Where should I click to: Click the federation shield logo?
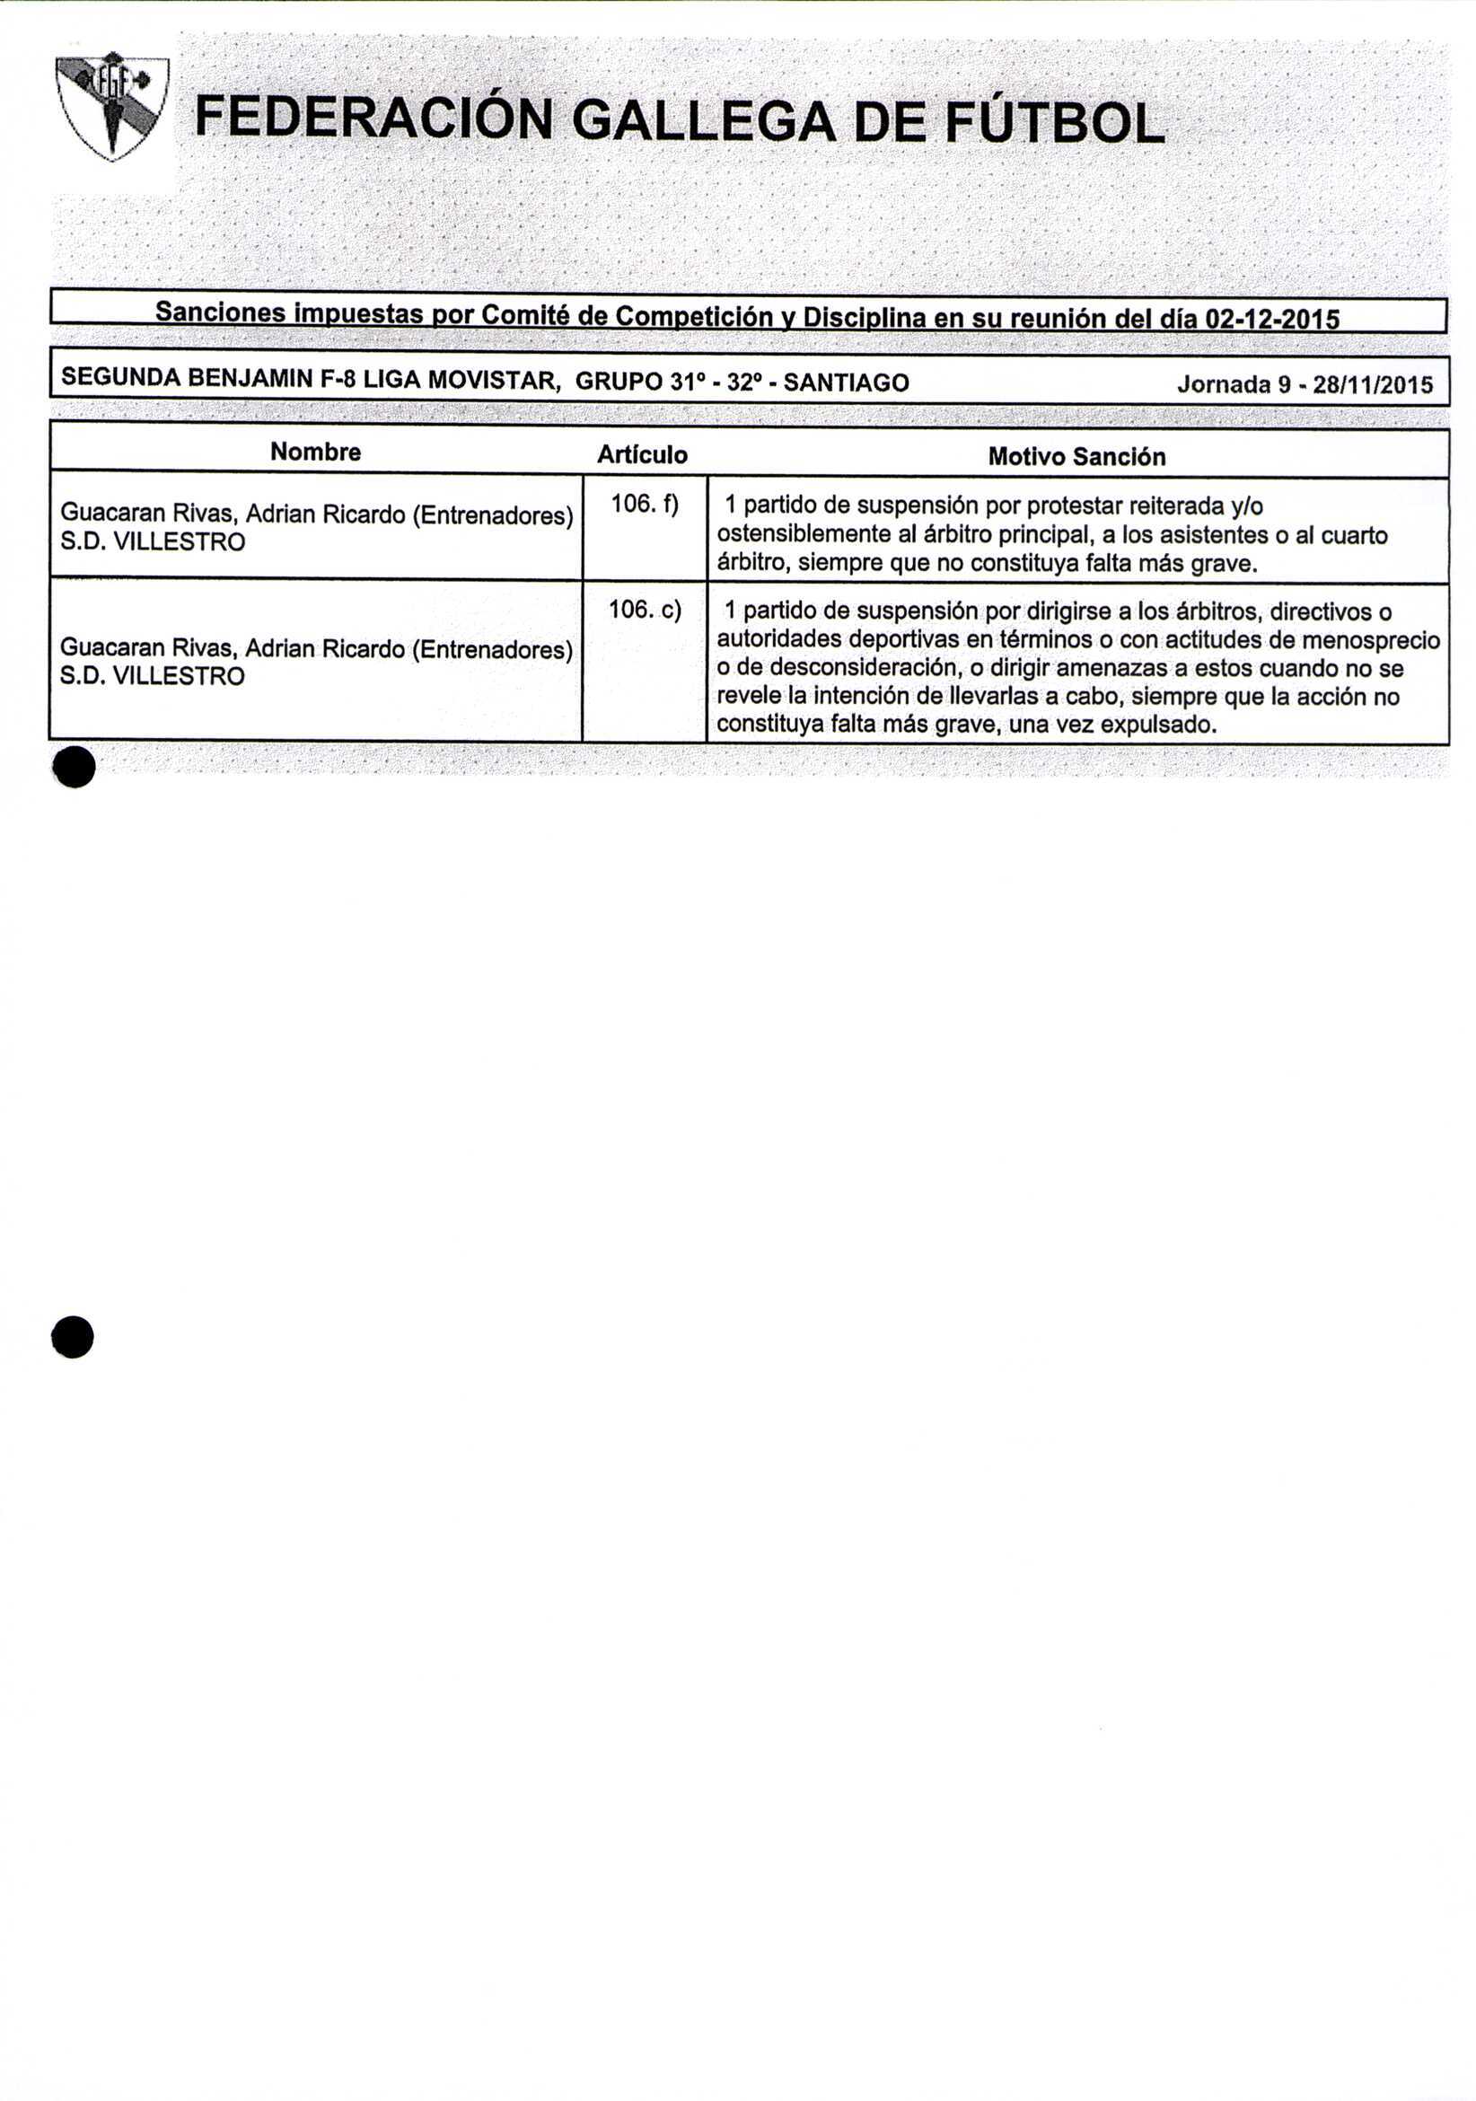[x=111, y=106]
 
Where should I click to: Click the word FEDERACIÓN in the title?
[x=373, y=120]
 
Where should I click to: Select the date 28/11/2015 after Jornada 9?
[x=1373, y=385]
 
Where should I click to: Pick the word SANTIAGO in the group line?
[x=847, y=382]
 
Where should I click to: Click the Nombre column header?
[x=316, y=452]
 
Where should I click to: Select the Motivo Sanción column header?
[x=1077, y=457]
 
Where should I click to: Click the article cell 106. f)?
[x=645, y=504]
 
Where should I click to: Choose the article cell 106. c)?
[x=645, y=610]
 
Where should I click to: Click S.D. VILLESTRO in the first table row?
[x=153, y=542]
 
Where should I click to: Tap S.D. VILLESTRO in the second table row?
[x=153, y=676]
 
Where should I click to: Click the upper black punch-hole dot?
[x=75, y=767]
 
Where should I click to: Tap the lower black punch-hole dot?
[x=74, y=1337]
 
